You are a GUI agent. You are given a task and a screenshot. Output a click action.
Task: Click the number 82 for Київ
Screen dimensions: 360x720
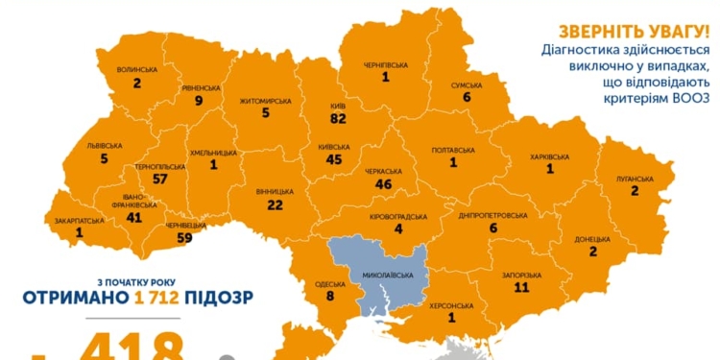pos(338,118)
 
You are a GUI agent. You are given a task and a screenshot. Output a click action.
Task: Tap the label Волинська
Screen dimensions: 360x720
pos(136,69)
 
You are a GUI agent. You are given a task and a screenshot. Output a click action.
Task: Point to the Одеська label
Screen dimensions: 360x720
pos(329,284)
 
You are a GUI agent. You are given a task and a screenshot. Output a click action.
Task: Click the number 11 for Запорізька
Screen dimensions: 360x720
pos(521,287)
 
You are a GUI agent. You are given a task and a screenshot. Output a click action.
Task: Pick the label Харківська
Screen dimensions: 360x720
pos(550,156)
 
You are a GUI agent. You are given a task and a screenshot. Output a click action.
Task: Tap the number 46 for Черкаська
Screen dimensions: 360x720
pos(385,183)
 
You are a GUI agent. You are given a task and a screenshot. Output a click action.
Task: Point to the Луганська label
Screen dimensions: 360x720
pos(635,179)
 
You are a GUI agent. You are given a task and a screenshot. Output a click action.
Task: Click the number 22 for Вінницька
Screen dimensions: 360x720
pos(276,204)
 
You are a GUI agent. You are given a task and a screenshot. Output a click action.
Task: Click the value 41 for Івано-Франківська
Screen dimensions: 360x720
pos(134,218)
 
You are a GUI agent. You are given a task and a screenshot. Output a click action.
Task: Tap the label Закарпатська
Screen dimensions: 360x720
pos(79,219)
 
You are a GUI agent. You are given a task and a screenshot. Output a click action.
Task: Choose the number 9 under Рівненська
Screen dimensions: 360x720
pos(198,99)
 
